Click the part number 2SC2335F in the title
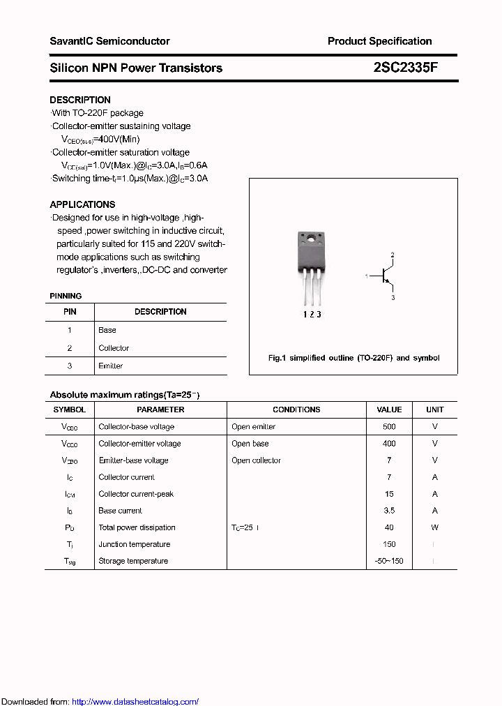pos(405,68)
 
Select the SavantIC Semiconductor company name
pos(109,41)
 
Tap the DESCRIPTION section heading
pos(80,100)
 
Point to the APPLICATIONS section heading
pos(82,204)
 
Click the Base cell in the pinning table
pos(107,330)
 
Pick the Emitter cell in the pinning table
pos(111,366)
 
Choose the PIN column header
pos(70,312)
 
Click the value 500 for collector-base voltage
pos(389,426)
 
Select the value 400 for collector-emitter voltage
pos(389,443)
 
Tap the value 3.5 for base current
pos(389,511)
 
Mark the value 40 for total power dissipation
pos(389,527)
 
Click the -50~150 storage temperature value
pos(389,561)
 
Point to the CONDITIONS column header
pos(296,410)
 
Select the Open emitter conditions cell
pos(253,426)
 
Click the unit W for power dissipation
pos(434,527)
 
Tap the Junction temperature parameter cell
pos(134,544)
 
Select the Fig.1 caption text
pos(353,358)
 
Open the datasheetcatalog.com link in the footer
pos(135,702)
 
